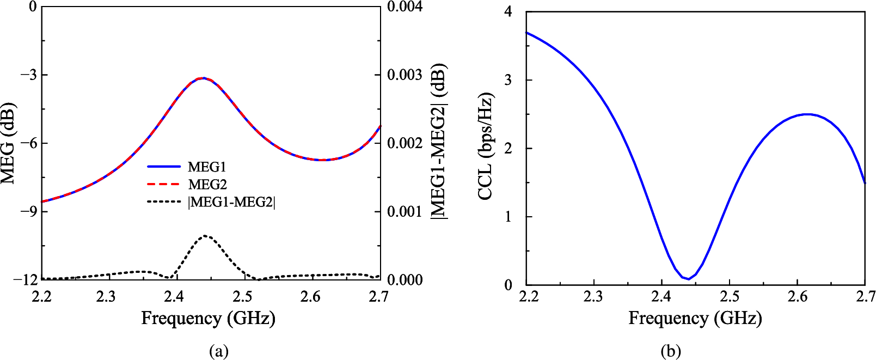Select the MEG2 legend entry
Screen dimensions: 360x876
coord(207,185)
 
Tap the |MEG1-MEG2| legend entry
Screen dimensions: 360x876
coord(231,203)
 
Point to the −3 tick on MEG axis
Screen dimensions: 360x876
coord(29,75)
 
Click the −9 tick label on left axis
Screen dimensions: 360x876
coord(29,211)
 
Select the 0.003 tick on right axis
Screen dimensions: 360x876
coord(405,75)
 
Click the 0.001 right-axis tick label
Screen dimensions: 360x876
coord(405,211)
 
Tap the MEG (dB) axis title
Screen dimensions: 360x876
coord(8,143)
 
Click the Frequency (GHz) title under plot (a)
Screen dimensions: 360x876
coord(208,318)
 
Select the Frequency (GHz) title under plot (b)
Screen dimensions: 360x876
coord(695,318)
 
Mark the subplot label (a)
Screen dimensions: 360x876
coord(219,351)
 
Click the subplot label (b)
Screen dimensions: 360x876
coord(670,351)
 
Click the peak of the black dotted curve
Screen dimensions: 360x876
coord(205,236)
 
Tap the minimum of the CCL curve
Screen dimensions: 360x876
coord(689,279)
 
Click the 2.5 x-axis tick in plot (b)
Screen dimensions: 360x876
coord(730,296)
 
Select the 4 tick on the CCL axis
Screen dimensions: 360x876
coord(509,11)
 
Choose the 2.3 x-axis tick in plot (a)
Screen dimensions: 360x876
coord(107,296)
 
